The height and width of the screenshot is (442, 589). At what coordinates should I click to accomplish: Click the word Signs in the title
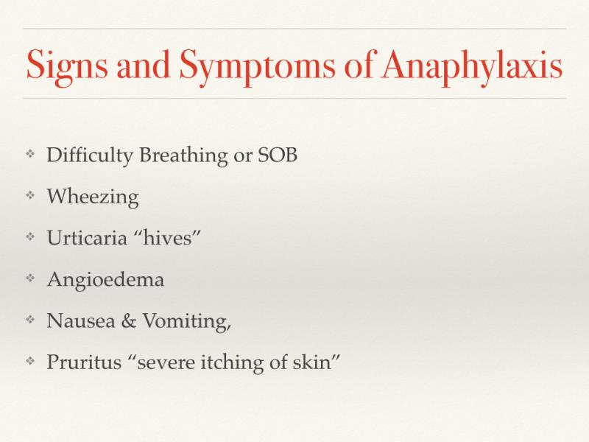tap(67, 66)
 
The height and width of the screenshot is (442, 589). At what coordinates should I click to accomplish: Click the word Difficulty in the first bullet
tap(89, 155)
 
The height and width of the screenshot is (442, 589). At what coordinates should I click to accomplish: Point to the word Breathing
tap(183, 155)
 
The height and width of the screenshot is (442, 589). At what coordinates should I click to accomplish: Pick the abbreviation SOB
tap(278, 155)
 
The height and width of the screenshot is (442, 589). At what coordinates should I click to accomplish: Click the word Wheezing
tap(93, 197)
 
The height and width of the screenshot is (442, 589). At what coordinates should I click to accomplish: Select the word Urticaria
tap(87, 238)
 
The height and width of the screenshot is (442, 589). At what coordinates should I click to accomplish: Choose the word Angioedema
tap(105, 280)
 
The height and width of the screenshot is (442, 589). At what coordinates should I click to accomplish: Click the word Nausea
tap(81, 321)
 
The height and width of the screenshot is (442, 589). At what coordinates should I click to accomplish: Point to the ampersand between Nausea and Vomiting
tap(128, 321)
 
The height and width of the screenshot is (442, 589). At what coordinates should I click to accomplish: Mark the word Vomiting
tap(187, 322)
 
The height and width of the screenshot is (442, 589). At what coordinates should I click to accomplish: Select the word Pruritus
tap(84, 362)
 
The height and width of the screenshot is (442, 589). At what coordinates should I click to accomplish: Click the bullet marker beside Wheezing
tap(30, 195)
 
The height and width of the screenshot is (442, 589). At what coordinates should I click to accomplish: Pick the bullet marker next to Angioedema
tap(30, 278)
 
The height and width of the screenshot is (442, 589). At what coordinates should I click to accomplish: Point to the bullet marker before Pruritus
tap(30, 361)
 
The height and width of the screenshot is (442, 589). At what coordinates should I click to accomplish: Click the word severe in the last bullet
tap(166, 363)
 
